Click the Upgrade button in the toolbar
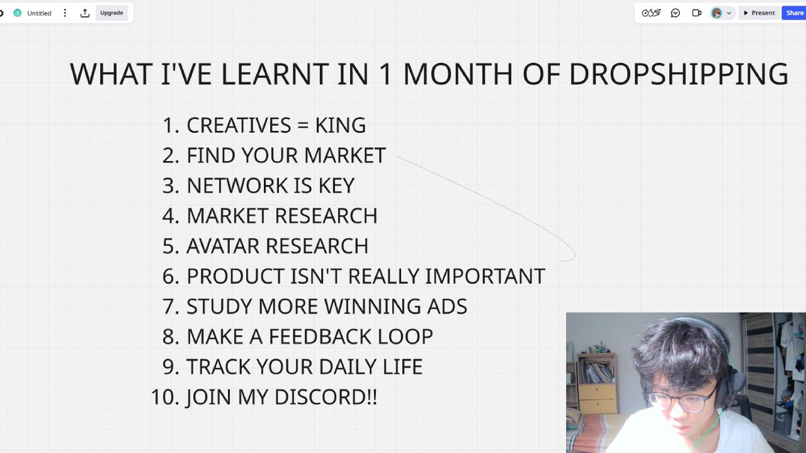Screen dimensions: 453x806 (111, 13)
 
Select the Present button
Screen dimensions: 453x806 (759, 13)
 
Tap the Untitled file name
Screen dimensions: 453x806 (39, 13)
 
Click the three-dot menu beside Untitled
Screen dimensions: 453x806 (65, 13)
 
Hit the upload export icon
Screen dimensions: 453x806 (85, 13)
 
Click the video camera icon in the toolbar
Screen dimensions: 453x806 (696, 13)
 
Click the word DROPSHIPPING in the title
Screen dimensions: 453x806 (678, 74)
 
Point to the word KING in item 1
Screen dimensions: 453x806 (340, 125)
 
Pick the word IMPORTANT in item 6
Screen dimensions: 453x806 (484, 276)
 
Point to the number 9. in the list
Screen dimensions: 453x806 (171, 367)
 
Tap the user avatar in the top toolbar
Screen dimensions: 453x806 (716, 13)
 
